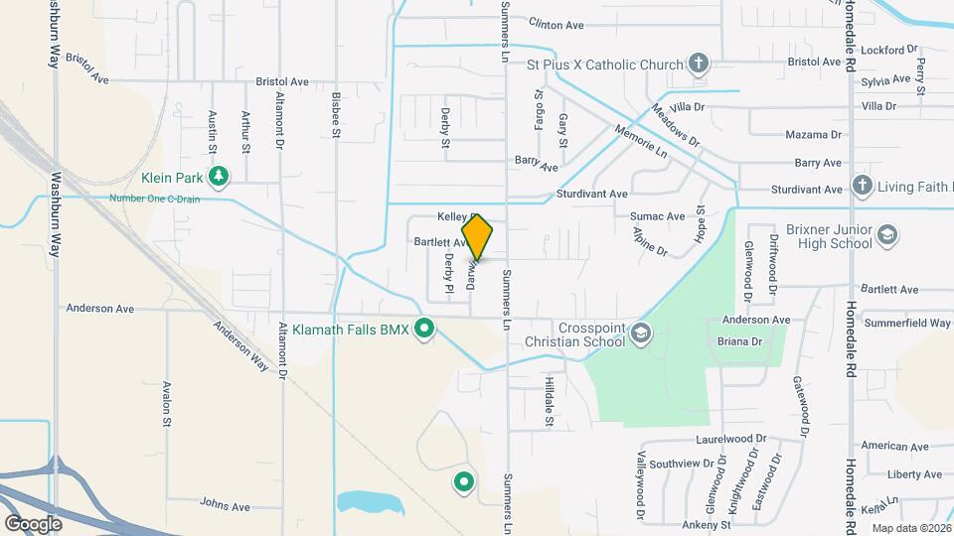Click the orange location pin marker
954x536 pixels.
(478, 237)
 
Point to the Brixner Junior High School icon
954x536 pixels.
(888, 235)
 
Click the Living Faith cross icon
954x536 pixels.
(862, 187)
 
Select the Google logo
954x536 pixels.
(33, 523)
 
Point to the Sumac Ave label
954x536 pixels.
(657, 215)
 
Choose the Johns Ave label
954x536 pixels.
(224, 505)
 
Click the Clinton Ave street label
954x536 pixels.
(556, 24)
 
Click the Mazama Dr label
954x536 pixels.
(813, 134)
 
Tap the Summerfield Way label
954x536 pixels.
(907, 323)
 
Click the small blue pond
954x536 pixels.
(369, 501)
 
